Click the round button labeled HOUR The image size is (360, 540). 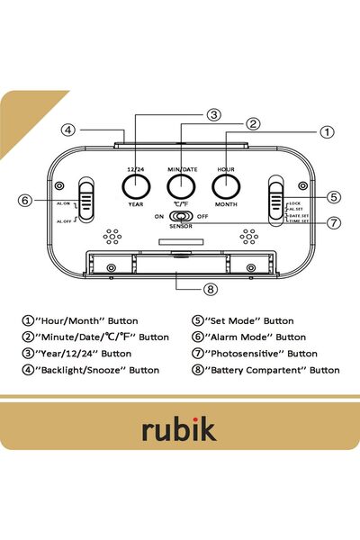226,186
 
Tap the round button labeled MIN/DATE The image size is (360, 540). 181,186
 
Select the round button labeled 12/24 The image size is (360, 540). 136,186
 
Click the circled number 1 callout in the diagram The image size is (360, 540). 327,131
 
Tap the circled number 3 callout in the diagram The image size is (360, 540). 213,114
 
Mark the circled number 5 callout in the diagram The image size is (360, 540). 333,196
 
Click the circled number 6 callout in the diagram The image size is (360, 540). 25,200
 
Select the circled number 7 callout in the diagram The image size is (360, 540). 333,223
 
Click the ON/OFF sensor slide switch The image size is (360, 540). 181,217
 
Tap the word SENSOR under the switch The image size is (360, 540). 181,228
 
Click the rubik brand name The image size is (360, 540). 178,429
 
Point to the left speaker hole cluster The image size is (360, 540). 112,237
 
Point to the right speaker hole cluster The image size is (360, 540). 247,237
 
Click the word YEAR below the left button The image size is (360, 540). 136,204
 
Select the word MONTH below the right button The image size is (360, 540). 226,204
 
